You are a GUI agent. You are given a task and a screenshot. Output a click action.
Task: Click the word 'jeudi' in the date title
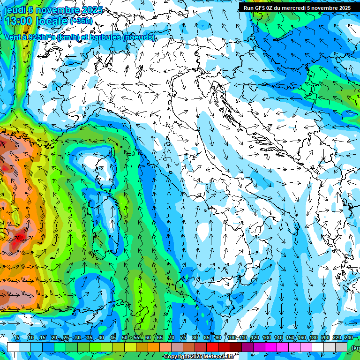pyautogui.click(x=15, y=10)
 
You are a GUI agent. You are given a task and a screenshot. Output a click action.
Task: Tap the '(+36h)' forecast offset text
pyautogui.click(x=81, y=21)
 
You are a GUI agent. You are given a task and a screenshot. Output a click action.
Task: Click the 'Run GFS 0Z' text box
pyautogui.click(x=297, y=7)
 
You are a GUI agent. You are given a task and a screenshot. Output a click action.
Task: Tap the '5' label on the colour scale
pyautogui.click(x=18, y=337)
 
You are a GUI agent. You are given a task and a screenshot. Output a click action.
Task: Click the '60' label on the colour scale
pyautogui.click(x=148, y=337)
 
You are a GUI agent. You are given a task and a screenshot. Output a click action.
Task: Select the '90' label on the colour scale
pyautogui.click(x=218, y=337)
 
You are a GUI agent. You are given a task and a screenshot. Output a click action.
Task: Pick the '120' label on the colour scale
pyautogui.click(x=255, y=337)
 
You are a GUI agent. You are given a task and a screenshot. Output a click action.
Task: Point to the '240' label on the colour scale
pyautogui.click(x=349, y=337)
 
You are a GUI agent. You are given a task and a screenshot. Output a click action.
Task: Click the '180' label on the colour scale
pyautogui.click(x=313, y=337)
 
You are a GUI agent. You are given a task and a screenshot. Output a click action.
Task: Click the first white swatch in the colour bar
pyautogui.click(x=13, y=347)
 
